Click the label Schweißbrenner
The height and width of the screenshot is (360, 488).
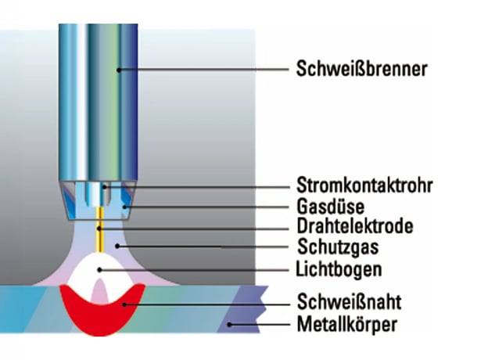[361, 69]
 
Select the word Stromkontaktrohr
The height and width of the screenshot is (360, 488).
[364, 185]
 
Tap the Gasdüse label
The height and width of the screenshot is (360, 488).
[331, 206]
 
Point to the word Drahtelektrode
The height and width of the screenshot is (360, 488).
[355, 226]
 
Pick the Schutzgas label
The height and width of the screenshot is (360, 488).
[338, 247]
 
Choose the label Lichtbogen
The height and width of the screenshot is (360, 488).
[339, 268]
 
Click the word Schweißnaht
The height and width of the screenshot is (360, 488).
[350, 301]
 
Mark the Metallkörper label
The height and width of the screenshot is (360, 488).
[347, 324]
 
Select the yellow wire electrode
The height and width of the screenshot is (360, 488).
[100, 229]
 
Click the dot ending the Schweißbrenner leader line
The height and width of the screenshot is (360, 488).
[119, 70]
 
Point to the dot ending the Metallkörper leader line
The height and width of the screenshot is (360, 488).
[229, 325]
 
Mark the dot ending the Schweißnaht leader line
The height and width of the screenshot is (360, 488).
[124, 304]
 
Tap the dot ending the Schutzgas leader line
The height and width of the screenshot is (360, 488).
[117, 247]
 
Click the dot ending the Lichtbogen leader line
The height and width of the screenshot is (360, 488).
[99, 270]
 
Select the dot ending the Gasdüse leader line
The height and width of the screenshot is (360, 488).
[124, 207]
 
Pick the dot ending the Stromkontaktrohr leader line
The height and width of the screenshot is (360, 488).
[105, 187]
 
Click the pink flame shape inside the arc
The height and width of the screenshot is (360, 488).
[100, 291]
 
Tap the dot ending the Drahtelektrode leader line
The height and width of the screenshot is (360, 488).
[99, 229]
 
